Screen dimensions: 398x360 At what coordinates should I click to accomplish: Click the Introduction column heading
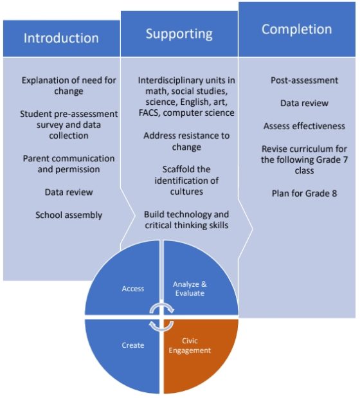[61, 38]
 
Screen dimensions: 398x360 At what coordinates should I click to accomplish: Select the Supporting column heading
[179, 33]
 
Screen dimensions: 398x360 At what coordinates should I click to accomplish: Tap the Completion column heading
[296, 29]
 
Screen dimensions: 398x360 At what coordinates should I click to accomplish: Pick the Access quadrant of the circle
[133, 289]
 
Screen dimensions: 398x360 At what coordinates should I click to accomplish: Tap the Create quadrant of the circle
[133, 345]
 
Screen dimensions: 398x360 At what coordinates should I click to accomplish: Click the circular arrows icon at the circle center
[161, 318]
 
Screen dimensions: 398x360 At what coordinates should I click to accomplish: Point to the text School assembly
[69, 215]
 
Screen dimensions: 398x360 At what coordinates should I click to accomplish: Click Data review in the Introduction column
[69, 192]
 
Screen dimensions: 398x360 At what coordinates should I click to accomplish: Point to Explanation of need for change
[69, 86]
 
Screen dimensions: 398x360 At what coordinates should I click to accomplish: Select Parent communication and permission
[69, 163]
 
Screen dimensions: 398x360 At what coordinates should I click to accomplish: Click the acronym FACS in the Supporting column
[152, 113]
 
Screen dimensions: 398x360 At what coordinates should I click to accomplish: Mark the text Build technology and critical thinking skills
[186, 219]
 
